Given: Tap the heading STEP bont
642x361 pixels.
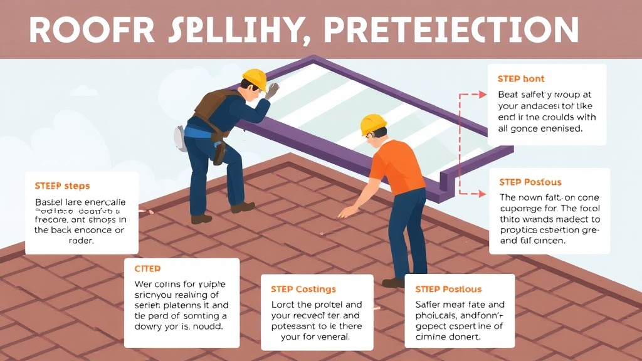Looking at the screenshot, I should point(520,79).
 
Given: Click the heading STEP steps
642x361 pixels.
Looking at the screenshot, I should point(62,186).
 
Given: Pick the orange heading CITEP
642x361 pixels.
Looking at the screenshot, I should point(148,268).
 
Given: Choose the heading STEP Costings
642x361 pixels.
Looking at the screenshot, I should point(303,289).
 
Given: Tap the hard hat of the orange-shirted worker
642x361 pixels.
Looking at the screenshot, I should point(373,123).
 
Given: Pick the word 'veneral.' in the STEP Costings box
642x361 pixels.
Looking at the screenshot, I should point(328,337).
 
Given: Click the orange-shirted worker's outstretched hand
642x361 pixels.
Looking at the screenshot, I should point(344,212).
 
